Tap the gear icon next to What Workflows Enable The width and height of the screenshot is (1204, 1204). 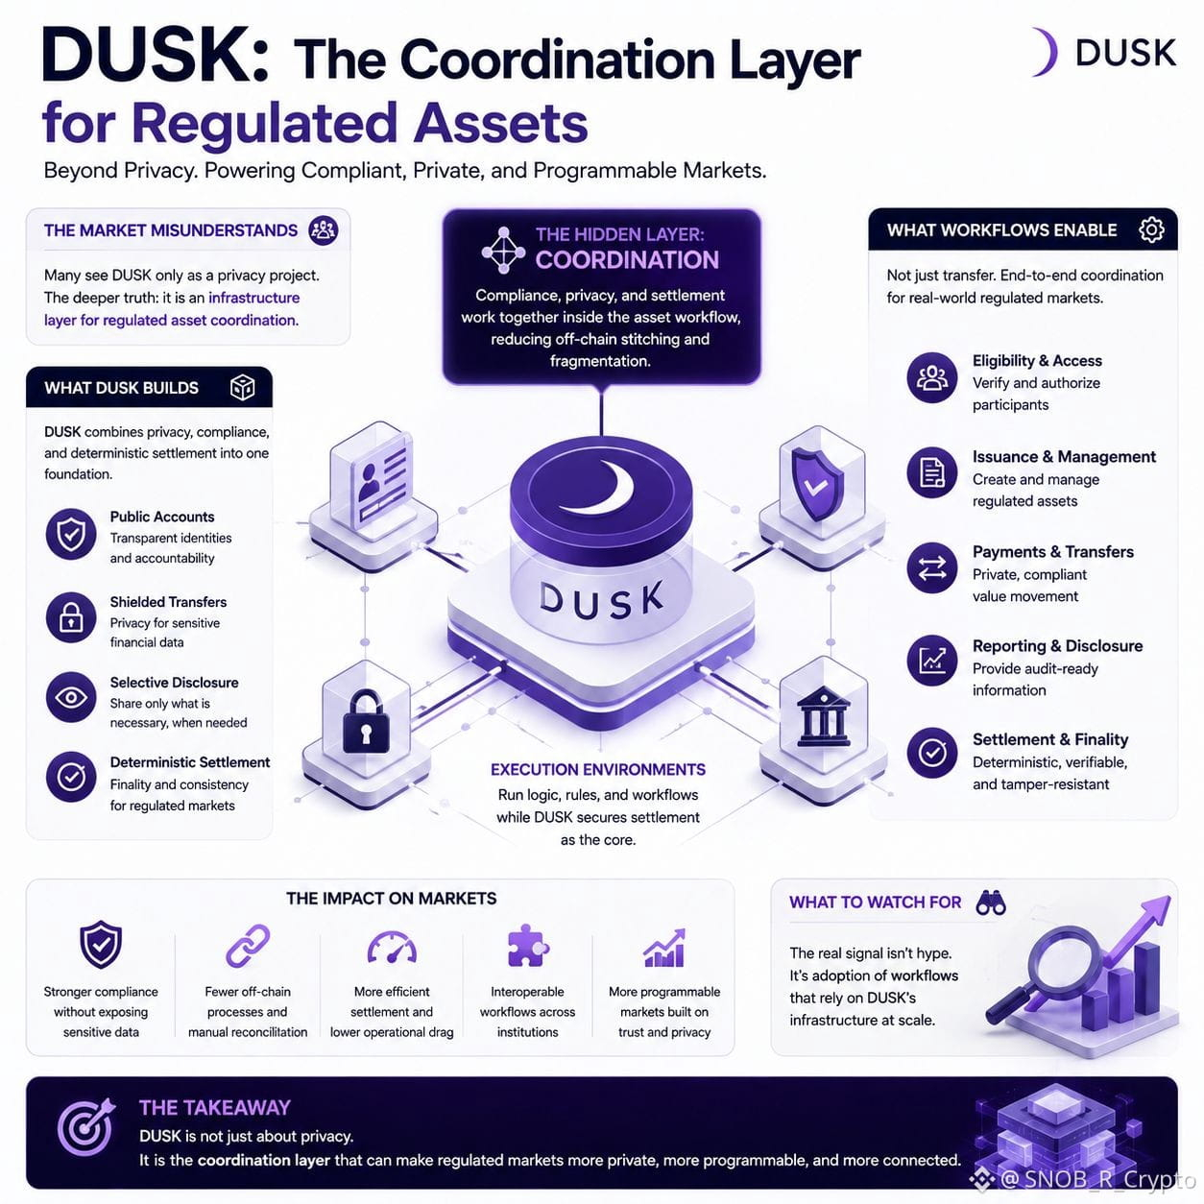1151,229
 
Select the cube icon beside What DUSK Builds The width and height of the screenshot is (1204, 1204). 242,387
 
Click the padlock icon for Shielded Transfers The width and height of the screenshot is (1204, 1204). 71,617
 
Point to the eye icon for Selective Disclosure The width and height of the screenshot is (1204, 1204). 71,697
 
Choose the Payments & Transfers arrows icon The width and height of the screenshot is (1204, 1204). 931,568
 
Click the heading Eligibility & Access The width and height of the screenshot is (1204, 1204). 1037,360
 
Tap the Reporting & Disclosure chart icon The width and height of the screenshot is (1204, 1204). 931,661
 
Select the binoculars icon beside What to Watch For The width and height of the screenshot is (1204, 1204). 991,903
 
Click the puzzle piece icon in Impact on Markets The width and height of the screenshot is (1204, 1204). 528,945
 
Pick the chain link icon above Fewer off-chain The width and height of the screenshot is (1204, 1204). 248,946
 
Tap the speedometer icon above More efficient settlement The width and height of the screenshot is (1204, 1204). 392,948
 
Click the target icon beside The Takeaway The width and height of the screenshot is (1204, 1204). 86,1128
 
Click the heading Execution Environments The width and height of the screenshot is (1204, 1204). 598,769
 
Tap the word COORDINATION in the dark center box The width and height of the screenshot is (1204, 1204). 627,260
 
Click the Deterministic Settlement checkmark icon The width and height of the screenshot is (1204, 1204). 71,777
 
